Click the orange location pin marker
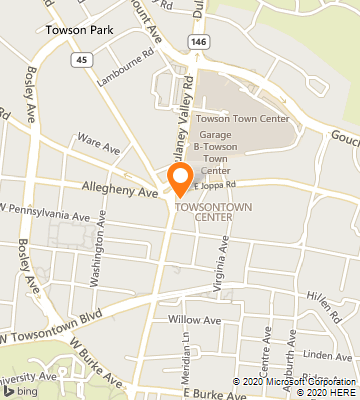(180, 179)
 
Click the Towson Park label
(78, 30)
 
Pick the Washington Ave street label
(96, 261)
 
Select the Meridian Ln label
(185, 360)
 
